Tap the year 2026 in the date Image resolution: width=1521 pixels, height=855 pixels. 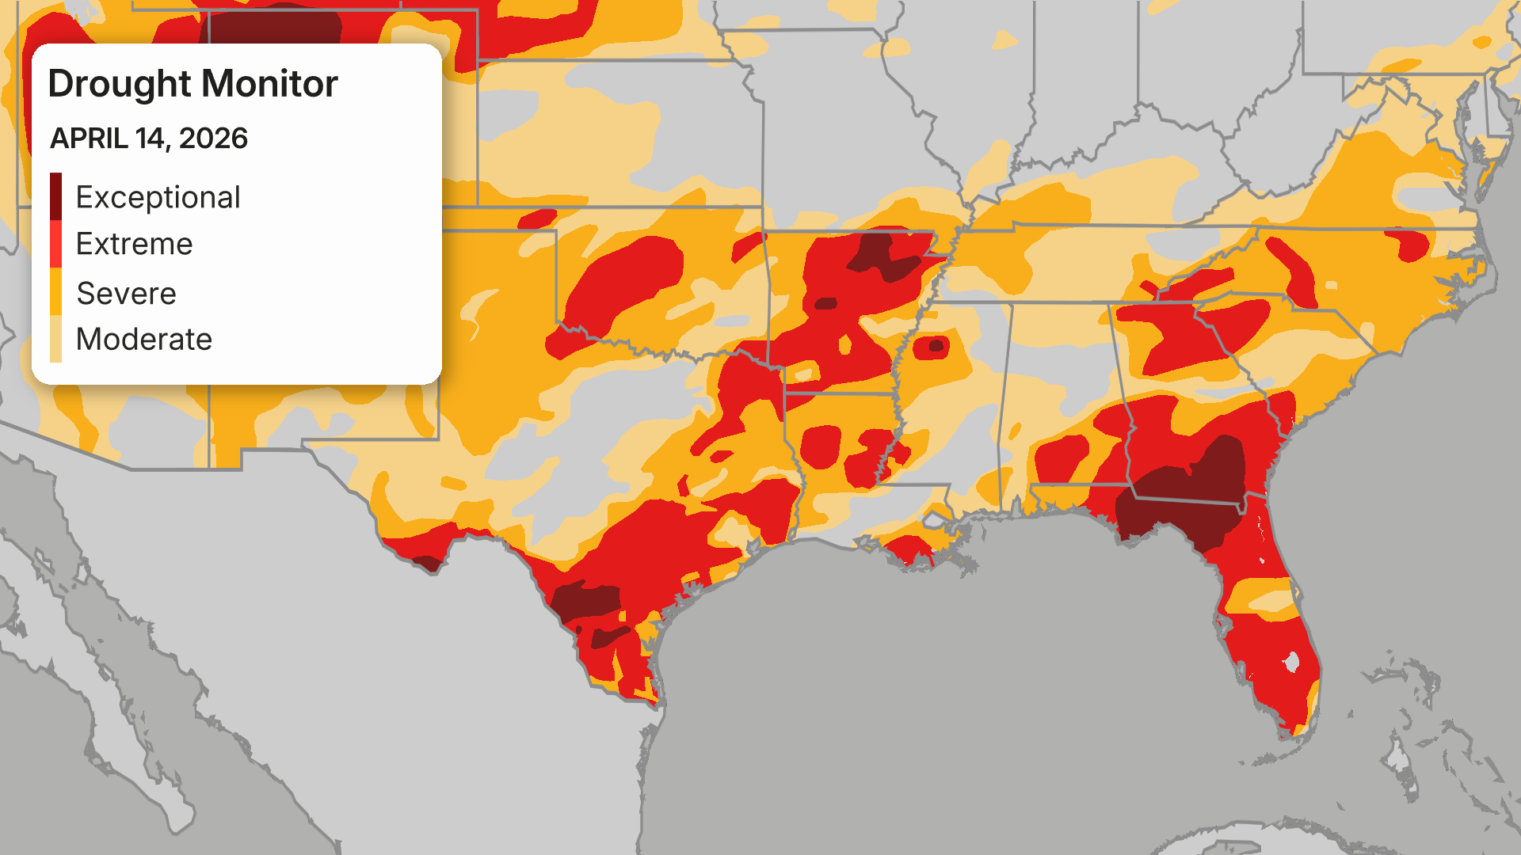point(213,139)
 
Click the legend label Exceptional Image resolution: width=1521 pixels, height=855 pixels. point(158,197)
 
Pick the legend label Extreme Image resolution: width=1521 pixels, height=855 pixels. point(134,244)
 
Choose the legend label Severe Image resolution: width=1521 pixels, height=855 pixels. point(126,294)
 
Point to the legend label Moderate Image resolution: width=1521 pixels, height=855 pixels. point(143,340)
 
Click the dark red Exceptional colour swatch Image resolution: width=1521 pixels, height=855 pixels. point(55,196)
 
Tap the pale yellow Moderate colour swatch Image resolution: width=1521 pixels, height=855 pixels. point(55,339)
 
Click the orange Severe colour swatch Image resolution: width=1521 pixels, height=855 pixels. point(55,291)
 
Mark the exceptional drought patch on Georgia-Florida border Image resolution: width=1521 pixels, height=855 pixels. point(1188,499)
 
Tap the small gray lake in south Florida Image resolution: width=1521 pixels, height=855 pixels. point(1292,661)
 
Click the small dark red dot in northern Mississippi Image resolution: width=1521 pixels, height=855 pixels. point(936,345)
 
